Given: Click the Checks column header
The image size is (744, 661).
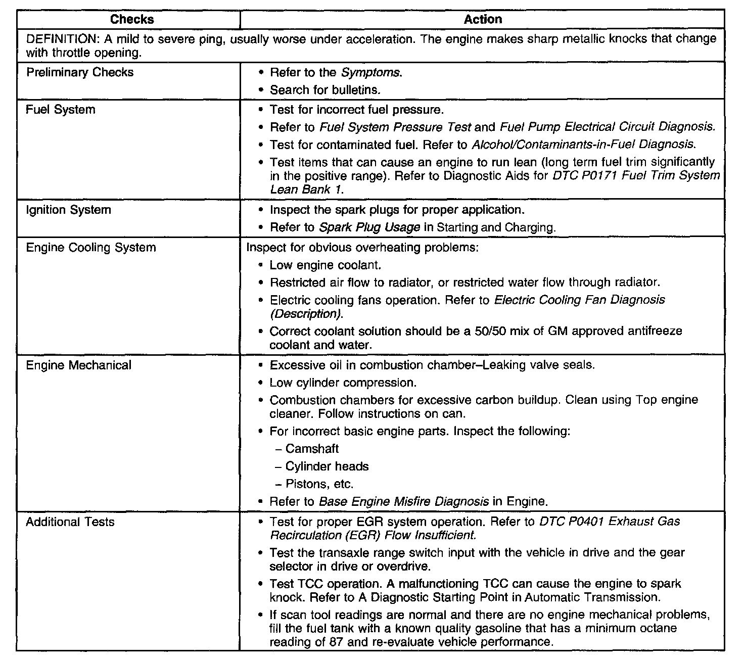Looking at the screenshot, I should (x=132, y=20).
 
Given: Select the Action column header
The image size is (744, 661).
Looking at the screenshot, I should (x=483, y=20).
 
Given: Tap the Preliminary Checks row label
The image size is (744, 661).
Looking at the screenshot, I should (x=80, y=72).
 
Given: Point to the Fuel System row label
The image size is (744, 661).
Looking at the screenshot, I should (x=61, y=110).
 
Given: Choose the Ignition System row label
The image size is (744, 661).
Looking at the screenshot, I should (x=68, y=210).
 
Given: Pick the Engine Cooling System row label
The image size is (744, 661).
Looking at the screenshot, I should (x=91, y=248).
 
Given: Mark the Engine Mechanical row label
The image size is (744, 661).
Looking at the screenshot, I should (x=78, y=365).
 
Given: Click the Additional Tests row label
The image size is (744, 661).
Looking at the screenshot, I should (x=70, y=522).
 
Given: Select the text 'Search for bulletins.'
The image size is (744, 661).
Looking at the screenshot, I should (x=325, y=90).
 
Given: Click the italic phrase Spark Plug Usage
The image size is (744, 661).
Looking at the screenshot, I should (x=369, y=227).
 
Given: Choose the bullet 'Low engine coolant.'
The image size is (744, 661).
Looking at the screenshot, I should (x=325, y=265).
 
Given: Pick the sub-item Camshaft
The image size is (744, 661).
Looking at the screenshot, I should (x=312, y=449).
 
